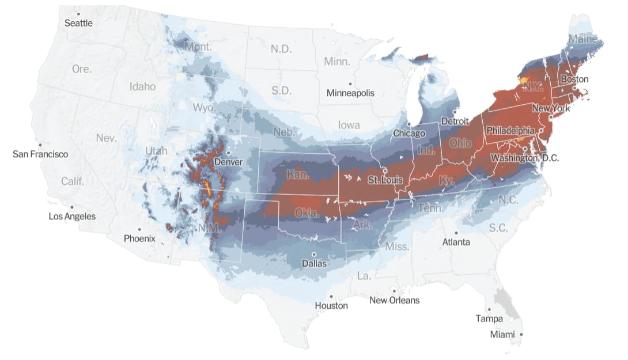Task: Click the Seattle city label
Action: coord(78,23)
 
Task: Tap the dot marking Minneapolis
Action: coord(350,84)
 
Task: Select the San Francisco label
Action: coord(40,154)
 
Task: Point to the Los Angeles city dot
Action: coord(71,207)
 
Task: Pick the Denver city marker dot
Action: coord(229,153)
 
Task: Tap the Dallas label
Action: coord(314,264)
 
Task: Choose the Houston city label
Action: coord(331,306)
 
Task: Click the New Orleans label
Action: coord(394,300)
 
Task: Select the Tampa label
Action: coord(489,319)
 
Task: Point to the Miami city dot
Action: coord(521,334)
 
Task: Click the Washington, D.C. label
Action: coord(524,157)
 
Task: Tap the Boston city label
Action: coord(575,79)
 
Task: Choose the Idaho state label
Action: coord(142,86)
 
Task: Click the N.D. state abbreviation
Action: coord(281,49)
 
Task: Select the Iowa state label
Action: coord(349,125)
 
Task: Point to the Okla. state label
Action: coord(307,213)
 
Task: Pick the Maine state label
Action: coord(583,39)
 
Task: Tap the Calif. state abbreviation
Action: coord(73,181)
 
